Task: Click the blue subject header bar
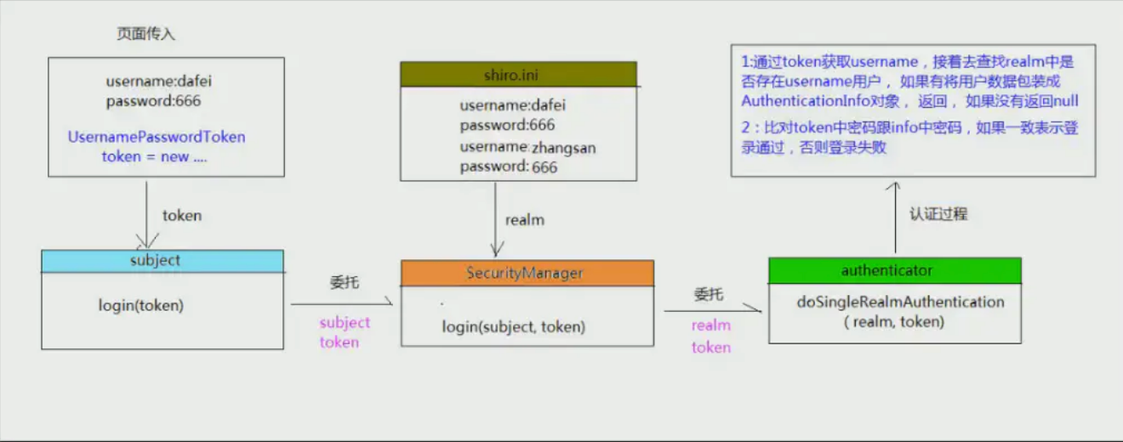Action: [162, 261]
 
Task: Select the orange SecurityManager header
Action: [527, 273]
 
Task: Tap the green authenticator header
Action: [895, 270]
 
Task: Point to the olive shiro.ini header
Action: [519, 75]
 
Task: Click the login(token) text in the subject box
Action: [141, 305]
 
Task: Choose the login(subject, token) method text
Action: [513, 326]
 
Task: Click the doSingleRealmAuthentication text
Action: [900, 302]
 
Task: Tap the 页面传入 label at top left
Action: [145, 34]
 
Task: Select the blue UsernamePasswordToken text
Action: [157, 137]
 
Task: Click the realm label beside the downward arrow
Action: [524, 219]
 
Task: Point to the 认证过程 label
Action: [938, 214]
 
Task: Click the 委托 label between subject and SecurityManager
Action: [345, 282]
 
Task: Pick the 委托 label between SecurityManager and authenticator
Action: [709, 294]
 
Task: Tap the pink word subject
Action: [345, 323]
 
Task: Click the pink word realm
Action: [711, 326]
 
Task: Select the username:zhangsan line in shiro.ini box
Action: [528, 147]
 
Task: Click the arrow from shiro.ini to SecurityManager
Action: [496, 219]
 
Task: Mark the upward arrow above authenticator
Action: [895, 218]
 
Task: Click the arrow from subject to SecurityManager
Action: [342, 303]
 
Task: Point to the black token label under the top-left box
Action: [182, 216]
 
